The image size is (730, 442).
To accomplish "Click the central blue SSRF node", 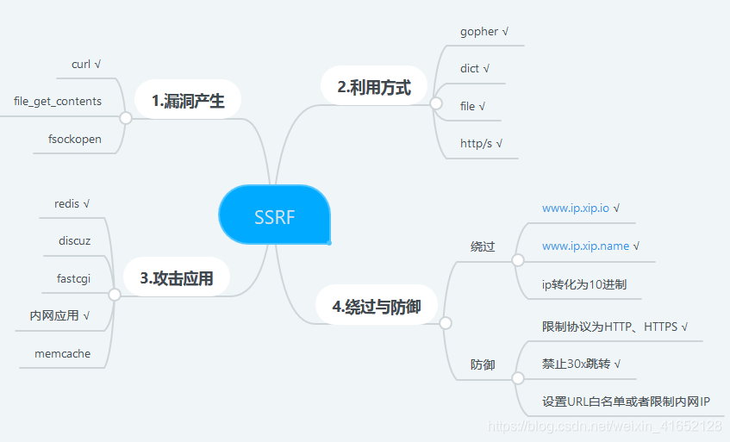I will (274, 216).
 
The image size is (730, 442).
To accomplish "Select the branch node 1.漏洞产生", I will (187, 101).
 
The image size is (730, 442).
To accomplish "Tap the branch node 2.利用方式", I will (373, 86).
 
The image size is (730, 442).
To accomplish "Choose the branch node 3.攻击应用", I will (176, 277).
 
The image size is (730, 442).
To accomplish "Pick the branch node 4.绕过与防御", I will (377, 306).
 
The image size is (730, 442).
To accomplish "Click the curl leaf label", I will (81, 64).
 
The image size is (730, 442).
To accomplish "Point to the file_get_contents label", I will (58, 101).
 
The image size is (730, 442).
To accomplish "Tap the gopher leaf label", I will (479, 31).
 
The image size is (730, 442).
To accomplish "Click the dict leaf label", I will (470, 68).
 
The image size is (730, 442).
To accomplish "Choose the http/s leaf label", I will (476, 143).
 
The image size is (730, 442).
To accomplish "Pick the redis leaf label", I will (67, 203).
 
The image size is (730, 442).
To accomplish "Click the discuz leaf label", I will (74, 240).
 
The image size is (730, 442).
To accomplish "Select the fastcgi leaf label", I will (73, 277).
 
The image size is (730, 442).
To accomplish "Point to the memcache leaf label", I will (62, 353).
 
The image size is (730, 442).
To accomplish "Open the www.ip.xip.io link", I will (576, 208).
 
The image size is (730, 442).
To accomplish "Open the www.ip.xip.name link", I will (585, 246).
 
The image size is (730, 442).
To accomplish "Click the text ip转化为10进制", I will (590, 283).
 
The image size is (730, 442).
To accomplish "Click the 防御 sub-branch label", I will (483, 364).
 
